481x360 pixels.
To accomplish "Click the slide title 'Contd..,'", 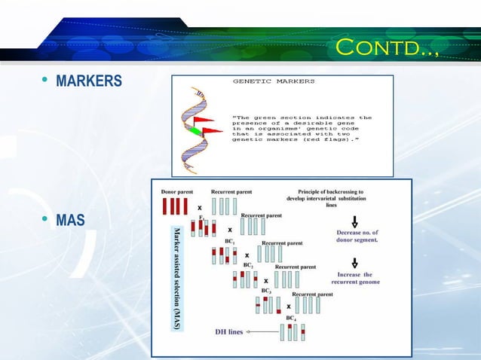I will pos(386,50).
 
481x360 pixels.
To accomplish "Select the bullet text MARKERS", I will pos(88,81).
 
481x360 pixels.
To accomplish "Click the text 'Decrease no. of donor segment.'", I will pos(357,236).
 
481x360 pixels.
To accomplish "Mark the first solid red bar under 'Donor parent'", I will pos(164,207).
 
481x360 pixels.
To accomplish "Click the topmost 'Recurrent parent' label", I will pos(231,192).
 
